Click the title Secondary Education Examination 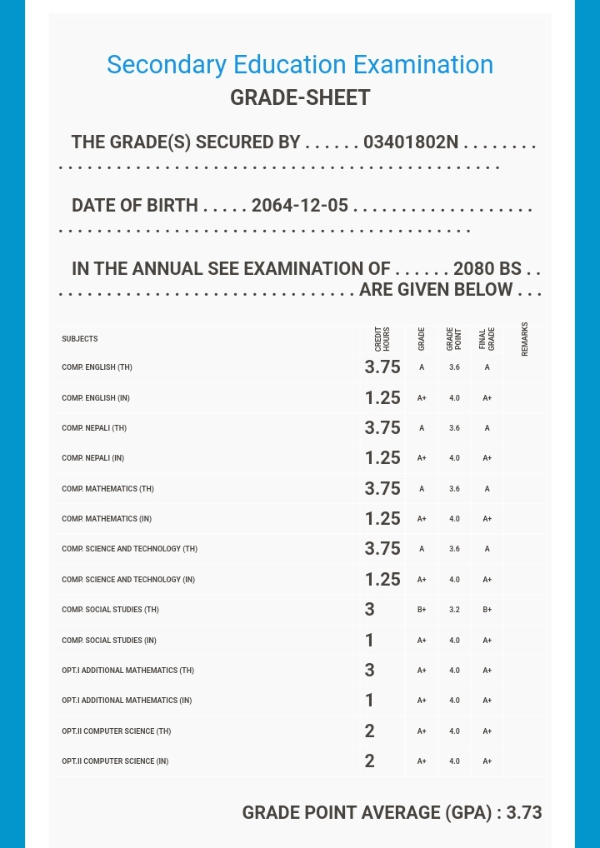pyautogui.click(x=300, y=65)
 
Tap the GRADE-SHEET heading pyautogui.click(x=300, y=97)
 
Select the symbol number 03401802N pyautogui.click(x=411, y=142)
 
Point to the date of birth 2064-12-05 pyautogui.click(x=300, y=206)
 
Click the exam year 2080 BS pyautogui.click(x=487, y=269)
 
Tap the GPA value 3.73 pyautogui.click(x=524, y=813)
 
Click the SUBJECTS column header pyautogui.click(x=80, y=339)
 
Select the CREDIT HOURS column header pyautogui.click(x=382, y=338)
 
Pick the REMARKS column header pyautogui.click(x=524, y=339)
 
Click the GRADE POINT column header pyautogui.click(x=454, y=338)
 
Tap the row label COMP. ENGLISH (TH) pyautogui.click(x=97, y=367)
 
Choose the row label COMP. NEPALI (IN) pyautogui.click(x=92, y=458)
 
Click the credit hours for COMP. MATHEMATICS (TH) pyautogui.click(x=382, y=488)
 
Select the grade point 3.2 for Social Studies pyautogui.click(x=454, y=610)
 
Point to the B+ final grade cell pyautogui.click(x=487, y=610)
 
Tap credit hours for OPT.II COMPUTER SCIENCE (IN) pyautogui.click(x=370, y=761)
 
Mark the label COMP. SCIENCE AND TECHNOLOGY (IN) pyautogui.click(x=128, y=580)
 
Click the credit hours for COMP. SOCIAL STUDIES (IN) pyautogui.click(x=370, y=641)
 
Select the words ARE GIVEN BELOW pyautogui.click(x=436, y=290)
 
